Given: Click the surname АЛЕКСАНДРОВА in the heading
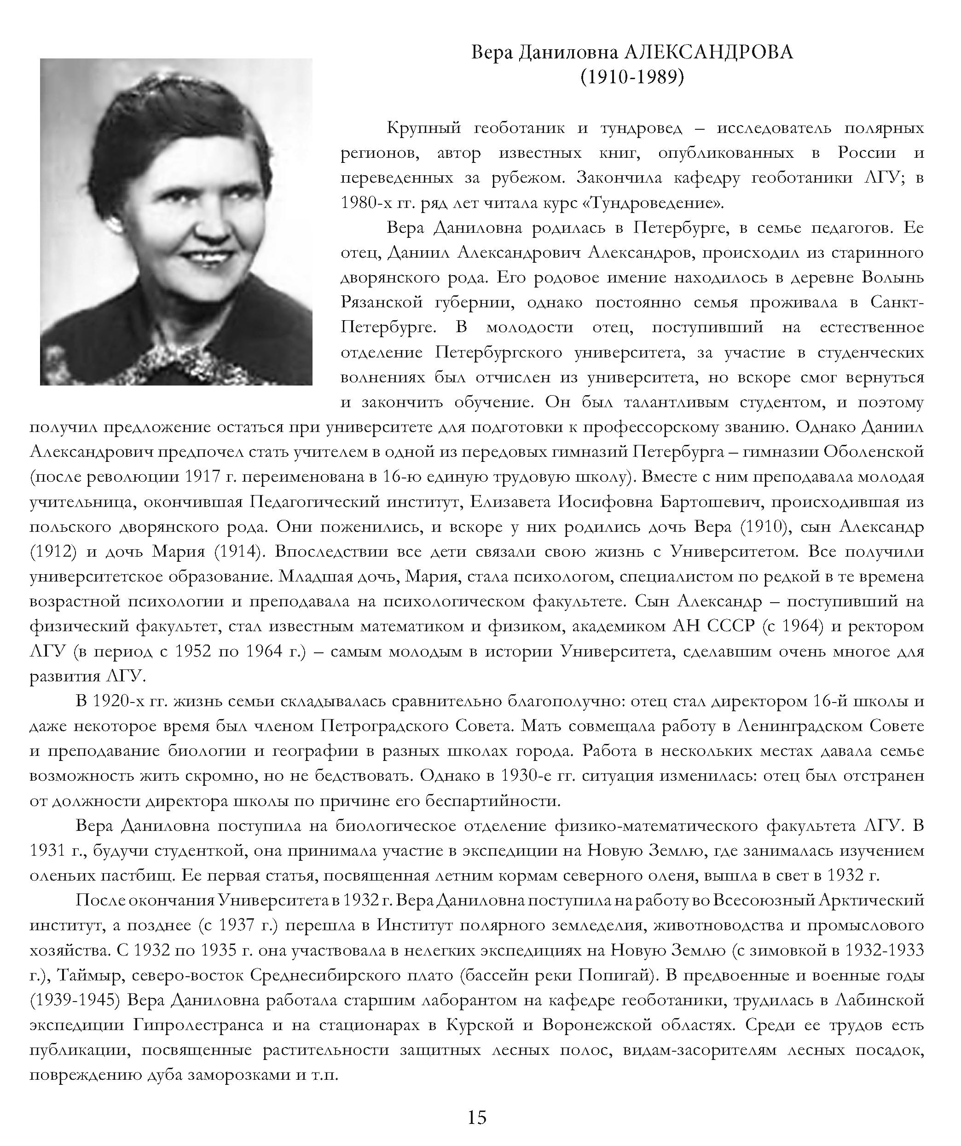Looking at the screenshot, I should tap(708, 52).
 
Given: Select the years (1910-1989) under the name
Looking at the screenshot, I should tap(632, 77).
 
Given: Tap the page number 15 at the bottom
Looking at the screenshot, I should tap(477, 1117).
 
